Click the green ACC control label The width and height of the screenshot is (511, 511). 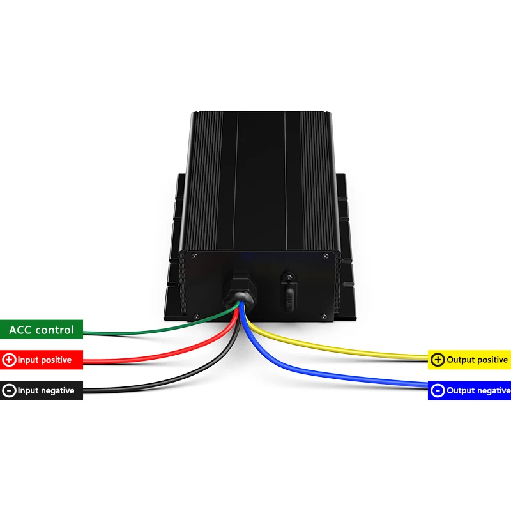click(x=42, y=330)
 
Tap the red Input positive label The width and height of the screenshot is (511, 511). click(x=42, y=360)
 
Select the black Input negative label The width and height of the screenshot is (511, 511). click(x=42, y=390)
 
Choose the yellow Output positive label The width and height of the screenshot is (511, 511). click(x=469, y=360)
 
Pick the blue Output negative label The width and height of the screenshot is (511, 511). click(x=469, y=390)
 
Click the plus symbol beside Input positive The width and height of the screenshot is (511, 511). click(x=9, y=360)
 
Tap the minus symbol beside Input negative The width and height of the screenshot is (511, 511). click(x=9, y=390)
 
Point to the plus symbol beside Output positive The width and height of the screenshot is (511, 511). click(x=438, y=360)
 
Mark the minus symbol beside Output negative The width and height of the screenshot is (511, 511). click(x=438, y=390)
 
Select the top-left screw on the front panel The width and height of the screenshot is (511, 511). click(x=194, y=256)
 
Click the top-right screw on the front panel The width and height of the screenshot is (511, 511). click(x=326, y=256)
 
